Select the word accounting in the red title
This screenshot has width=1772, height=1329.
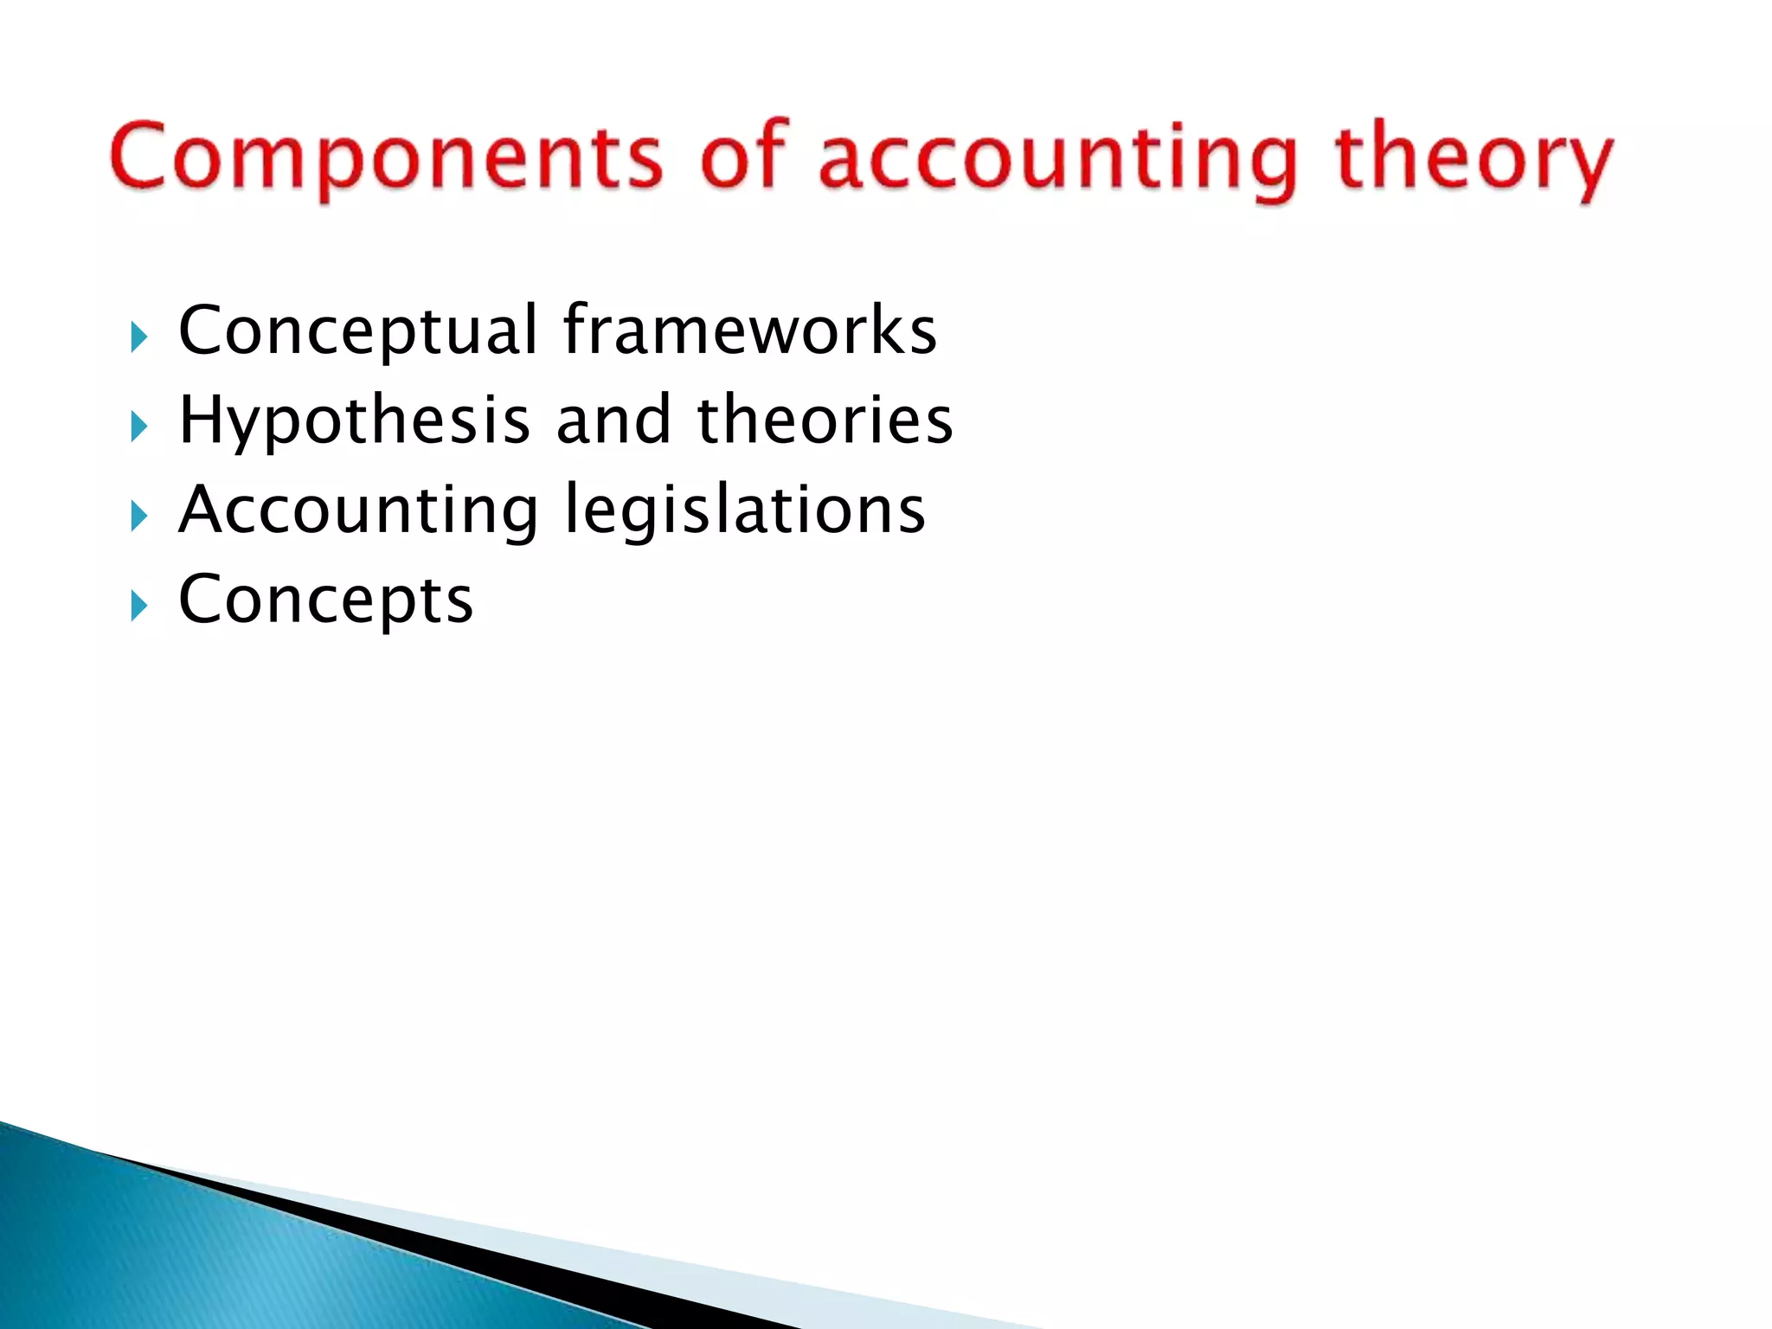[x=1057, y=160]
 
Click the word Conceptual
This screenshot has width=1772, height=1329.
[x=358, y=331]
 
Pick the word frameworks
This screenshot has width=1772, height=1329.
[x=749, y=330]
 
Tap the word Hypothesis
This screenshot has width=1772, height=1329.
[x=354, y=421]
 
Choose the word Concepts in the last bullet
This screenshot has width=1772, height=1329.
[x=325, y=600]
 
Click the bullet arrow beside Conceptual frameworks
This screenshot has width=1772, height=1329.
[x=139, y=337]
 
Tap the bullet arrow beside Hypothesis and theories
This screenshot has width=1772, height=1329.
[x=139, y=427]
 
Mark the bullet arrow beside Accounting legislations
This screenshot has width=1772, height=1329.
[x=139, y=517]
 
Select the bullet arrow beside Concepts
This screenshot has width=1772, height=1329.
[x=139, y=607]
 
